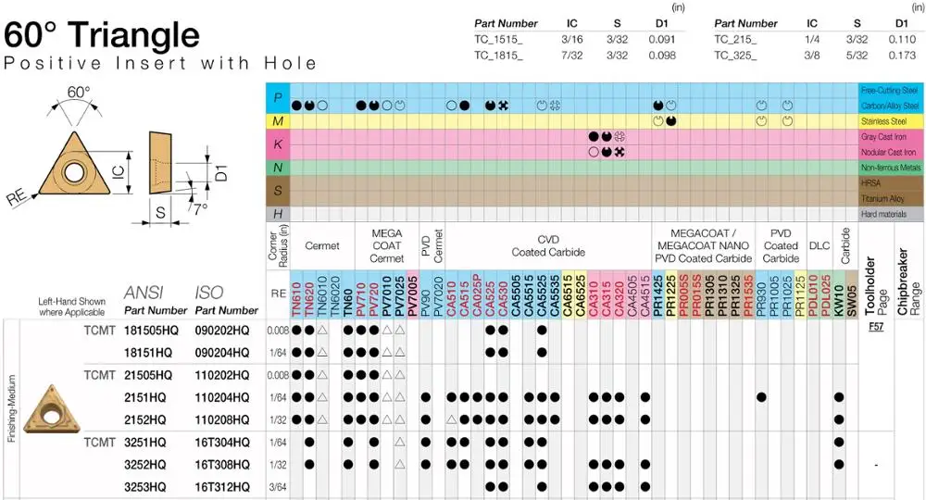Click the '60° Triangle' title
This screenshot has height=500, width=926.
point(102,35)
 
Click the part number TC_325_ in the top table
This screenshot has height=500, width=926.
point(735,55)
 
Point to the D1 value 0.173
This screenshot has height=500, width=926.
point(901,55)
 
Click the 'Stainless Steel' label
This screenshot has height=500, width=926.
point(889,121)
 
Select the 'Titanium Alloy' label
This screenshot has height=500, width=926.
point(890,198)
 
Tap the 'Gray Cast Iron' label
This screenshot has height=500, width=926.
point(889,136)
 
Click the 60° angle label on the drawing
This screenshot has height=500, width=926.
point(79,93)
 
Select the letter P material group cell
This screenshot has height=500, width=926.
point(277,97)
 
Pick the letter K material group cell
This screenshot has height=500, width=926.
point(277,144)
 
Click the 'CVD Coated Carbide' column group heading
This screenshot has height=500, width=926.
point(548,245)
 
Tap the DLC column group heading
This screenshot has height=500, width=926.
point(819,245)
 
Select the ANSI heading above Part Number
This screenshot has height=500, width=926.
point(142,293)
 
